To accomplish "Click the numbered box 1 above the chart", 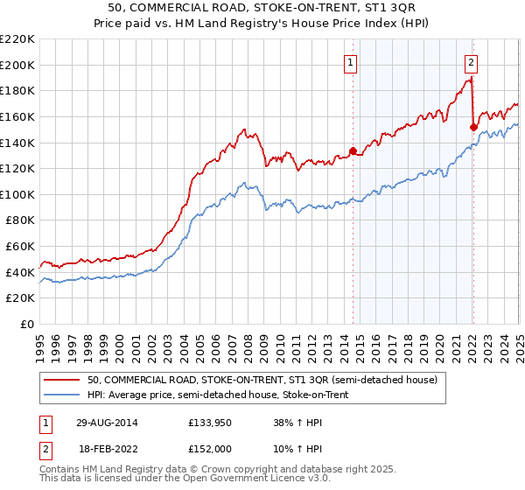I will [350, 62].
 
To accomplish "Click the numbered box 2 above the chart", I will [471, 62].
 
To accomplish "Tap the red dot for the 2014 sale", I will [353, 150].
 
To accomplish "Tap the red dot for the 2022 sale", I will [473, 127].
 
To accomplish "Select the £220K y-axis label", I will [19, 39].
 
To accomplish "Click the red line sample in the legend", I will [61, 380].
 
